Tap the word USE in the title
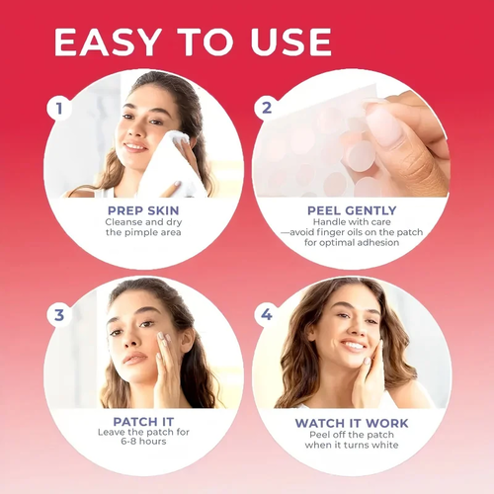290,41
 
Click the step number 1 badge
59,108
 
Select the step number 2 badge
267,108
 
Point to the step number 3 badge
59,315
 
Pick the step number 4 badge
267,314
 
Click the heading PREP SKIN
143,210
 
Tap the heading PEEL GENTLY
352,210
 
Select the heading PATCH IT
143,422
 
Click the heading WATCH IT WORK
352,423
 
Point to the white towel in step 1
168,166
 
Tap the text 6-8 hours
143,442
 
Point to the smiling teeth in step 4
353,346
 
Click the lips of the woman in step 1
135,147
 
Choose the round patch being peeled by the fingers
360,156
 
